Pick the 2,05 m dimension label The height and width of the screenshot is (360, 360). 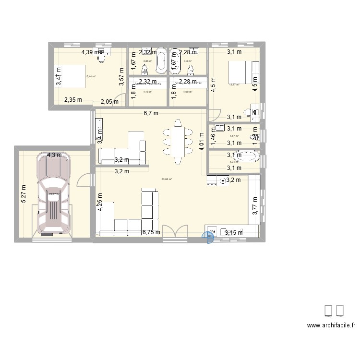pyautogui.click(x=109, y=101)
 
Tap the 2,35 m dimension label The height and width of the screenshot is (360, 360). pyautogui.click(x=73, y=100)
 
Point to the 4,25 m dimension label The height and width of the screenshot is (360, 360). pyautogui.click(x=100, y=202)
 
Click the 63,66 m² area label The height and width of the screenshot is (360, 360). pyautogui.click(x=167, y=179)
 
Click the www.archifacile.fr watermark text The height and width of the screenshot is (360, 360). pyautogui.click(x=331, y=325)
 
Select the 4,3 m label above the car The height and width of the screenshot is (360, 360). pyautogui.click(x=54, y=155)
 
